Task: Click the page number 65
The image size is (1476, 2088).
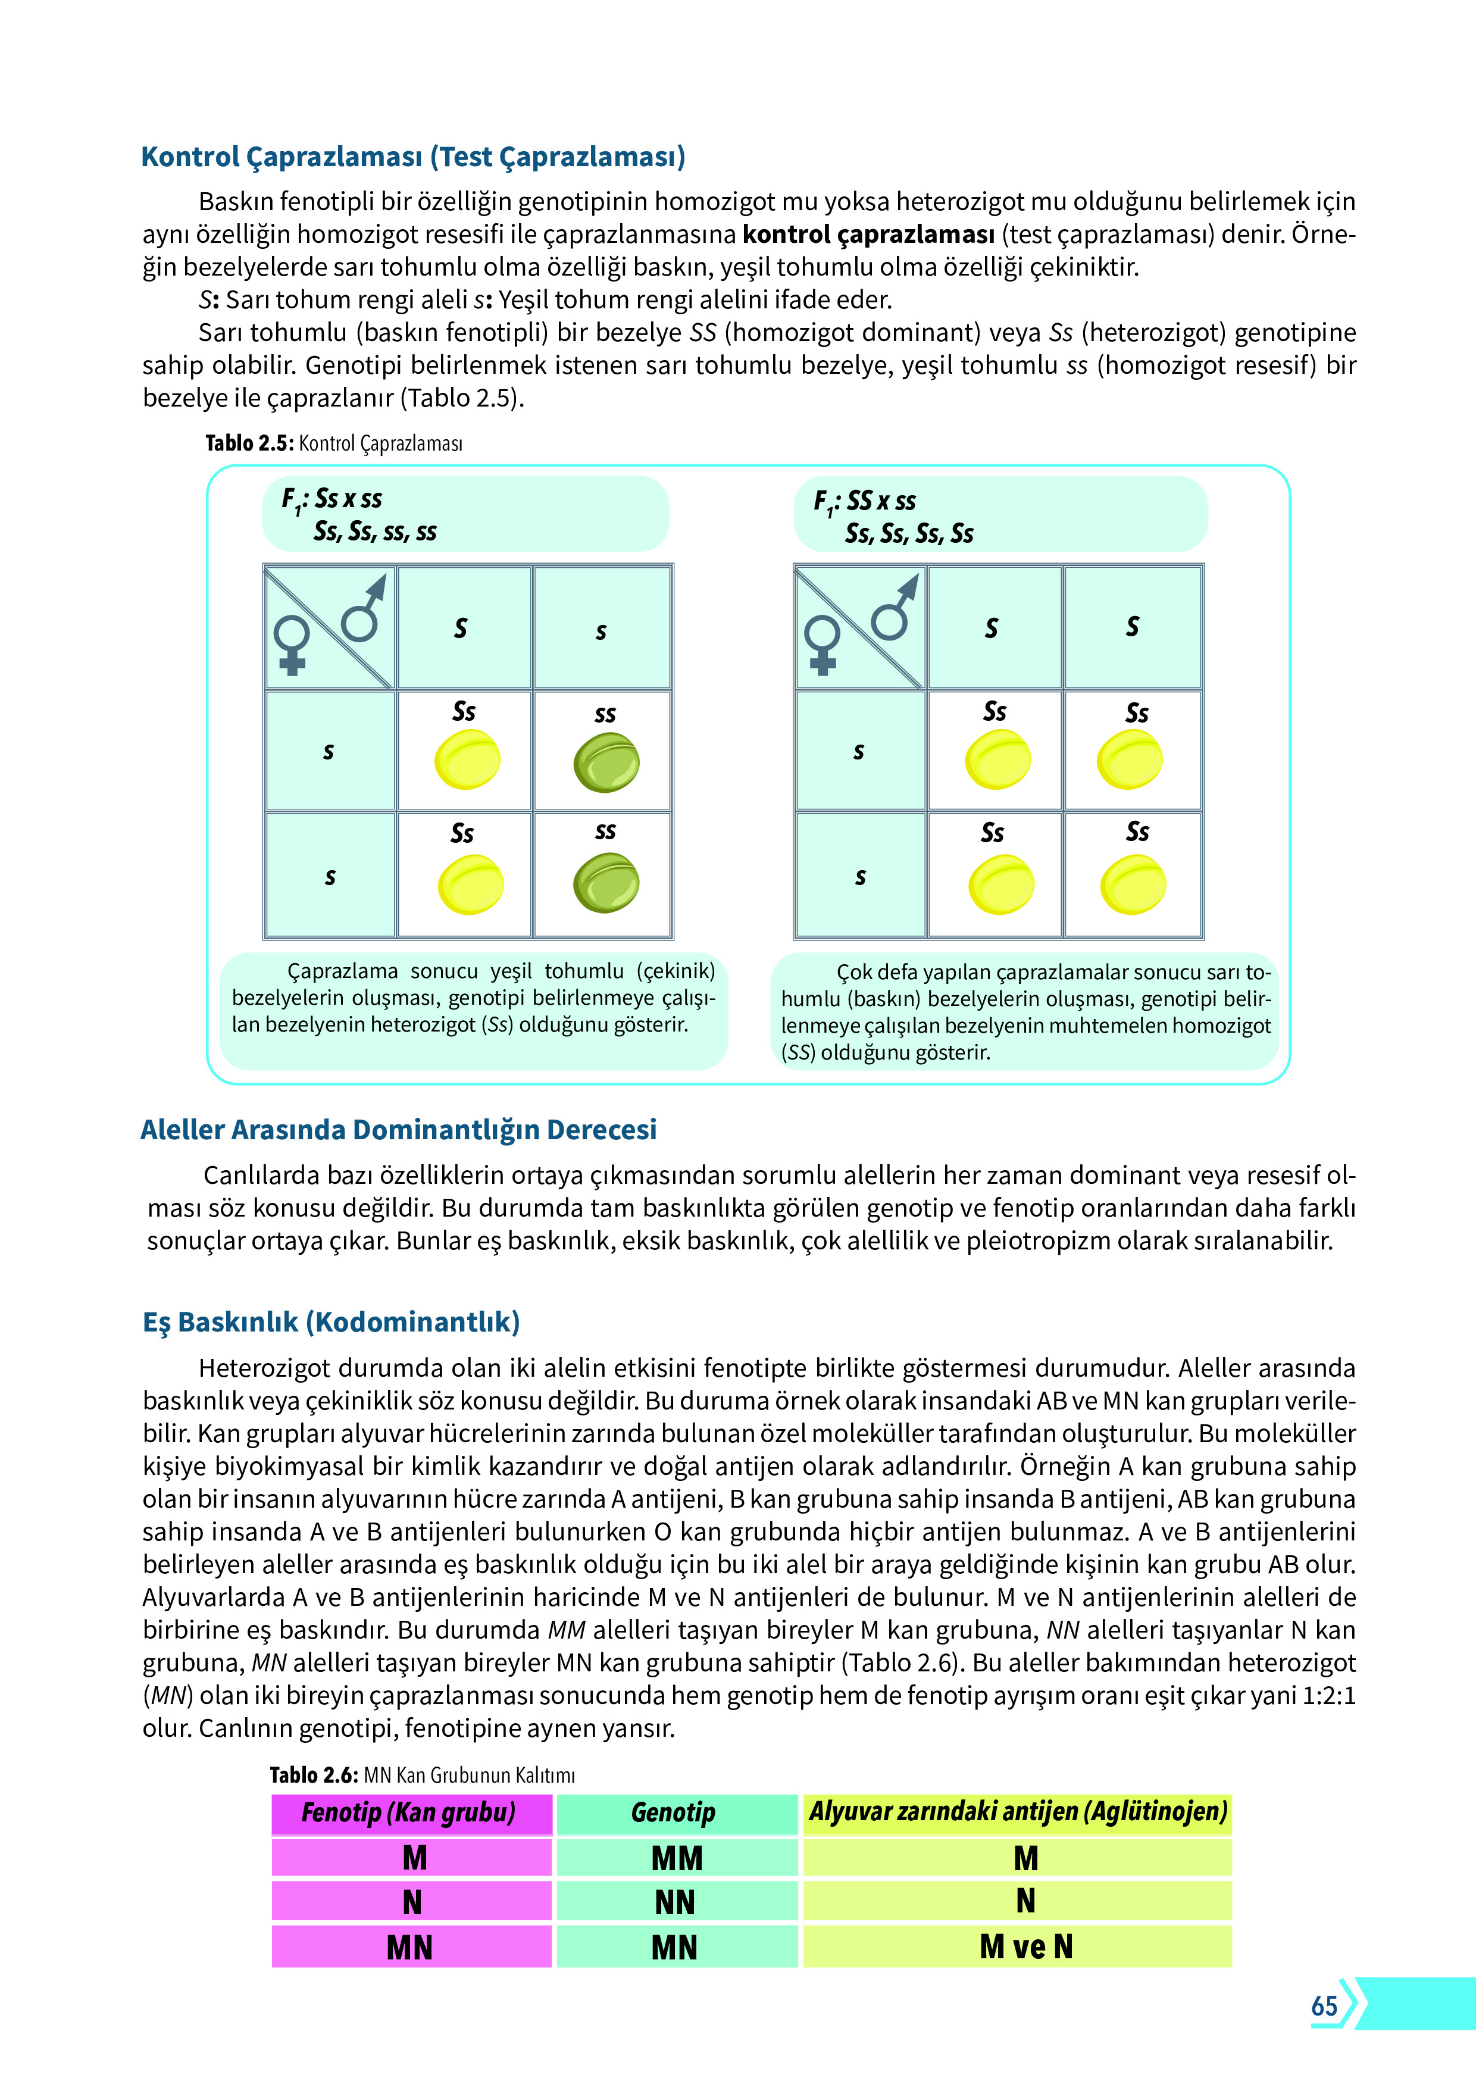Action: point(1324,2005)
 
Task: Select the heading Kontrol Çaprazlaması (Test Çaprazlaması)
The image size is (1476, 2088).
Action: point(413,157)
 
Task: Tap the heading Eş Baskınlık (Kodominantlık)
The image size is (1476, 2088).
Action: point(331,1321)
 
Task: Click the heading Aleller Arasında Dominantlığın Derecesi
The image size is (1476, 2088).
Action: point(398,1130)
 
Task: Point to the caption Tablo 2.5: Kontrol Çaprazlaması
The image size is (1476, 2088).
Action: point(334,444)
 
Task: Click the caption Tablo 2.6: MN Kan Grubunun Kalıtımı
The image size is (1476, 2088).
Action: point(422,1774)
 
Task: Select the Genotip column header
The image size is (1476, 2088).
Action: point(674,1812)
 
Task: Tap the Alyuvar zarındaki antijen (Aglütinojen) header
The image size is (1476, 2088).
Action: point(1018,1811)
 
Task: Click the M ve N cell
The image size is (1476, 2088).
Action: point(1026,1947)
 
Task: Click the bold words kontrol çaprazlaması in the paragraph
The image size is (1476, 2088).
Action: point(868,235)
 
